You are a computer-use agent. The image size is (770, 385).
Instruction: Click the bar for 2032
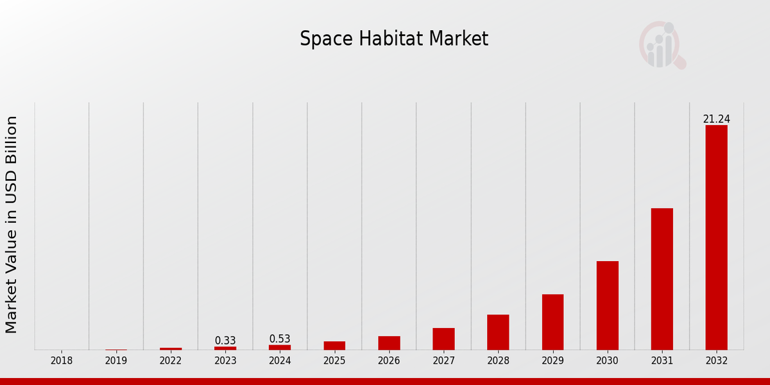click(716, 237)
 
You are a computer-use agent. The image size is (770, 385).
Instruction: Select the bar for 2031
click(662, 279)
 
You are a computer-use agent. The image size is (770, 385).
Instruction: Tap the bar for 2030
click(607, 305)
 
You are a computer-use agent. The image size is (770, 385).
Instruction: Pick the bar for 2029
click(552, 322)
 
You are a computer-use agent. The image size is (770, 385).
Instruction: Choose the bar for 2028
click(498, 332)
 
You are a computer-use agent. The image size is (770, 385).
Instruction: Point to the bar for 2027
click(443, 339)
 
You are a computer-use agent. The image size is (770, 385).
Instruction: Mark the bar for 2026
click(389, 343)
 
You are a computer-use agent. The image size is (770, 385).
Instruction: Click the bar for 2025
click(334, 346)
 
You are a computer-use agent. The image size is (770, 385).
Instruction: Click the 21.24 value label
click(716, 119)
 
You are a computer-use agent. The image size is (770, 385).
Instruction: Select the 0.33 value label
click(225, 341)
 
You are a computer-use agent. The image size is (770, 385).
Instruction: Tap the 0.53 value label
click(280, 339)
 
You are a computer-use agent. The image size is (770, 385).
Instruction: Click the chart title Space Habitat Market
click(394, 39)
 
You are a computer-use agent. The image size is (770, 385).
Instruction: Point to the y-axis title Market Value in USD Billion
click(12, 225)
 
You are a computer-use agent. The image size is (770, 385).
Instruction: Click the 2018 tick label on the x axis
click(62, 361)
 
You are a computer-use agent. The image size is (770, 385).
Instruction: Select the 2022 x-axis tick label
click(171, 361)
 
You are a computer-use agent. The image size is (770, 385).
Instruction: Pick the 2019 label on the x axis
click(116, 361)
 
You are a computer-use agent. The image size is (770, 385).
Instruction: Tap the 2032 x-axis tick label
click(716, 361)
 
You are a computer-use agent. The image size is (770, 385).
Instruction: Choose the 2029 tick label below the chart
click(552, 361)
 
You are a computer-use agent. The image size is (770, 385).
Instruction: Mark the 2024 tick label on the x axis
click(280, 361)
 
